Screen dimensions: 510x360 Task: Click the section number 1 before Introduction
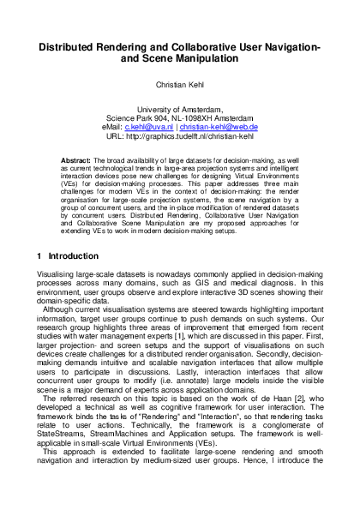click(x=40, y=255)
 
